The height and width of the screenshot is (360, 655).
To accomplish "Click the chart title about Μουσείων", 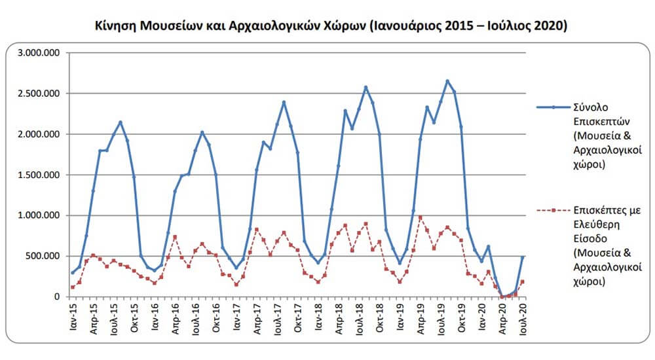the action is point(331,26).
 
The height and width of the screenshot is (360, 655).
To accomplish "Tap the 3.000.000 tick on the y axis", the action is point(39,53).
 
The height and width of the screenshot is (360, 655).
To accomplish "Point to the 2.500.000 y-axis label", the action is point(39,94).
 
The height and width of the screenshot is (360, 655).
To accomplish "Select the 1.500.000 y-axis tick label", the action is point(39,175).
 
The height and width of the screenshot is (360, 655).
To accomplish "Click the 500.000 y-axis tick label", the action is point(43,256).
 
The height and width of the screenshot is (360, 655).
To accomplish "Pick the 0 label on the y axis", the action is point(57,297).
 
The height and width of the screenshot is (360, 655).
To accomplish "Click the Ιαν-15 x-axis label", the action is point(73,317).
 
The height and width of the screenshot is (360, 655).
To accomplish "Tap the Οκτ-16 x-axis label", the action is point(216,318).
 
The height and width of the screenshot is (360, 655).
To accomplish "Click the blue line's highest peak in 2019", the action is point(447,81).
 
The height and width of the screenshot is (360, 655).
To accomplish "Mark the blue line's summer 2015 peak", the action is point(121,122).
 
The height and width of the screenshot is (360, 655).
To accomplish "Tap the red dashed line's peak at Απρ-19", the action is point(421,217).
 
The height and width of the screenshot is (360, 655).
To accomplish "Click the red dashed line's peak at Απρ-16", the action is point(175,237).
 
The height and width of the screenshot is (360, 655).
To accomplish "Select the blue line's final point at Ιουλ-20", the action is point(523,257).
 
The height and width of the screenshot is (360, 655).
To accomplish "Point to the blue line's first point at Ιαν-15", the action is point(73,273).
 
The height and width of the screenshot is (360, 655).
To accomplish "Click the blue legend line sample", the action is point(553,107).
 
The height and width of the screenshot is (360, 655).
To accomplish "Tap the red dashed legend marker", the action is point(553,211).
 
